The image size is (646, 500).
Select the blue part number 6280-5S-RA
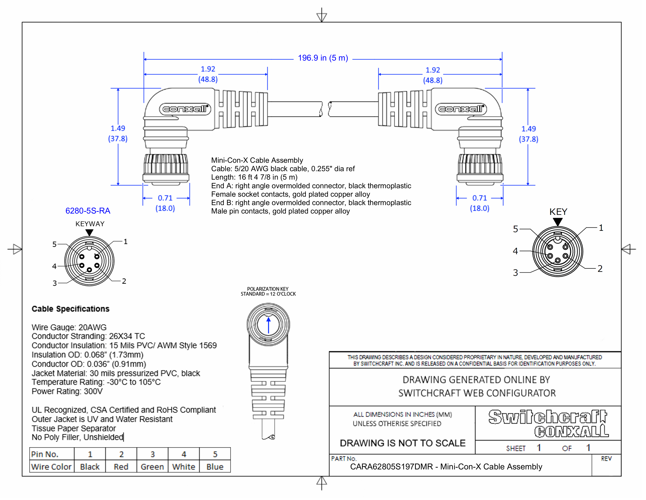(88, 211)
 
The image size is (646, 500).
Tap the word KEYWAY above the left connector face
(90, 224)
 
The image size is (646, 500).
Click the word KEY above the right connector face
(558, 212)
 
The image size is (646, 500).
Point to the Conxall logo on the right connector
(461, 109)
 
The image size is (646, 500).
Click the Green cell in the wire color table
(152, 467)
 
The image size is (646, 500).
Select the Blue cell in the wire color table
(215, 467)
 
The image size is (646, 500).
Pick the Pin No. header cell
(45, 454)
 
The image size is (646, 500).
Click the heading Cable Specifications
(70, 309)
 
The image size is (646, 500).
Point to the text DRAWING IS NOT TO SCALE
(402, 443)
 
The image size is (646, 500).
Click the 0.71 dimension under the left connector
(165, 198)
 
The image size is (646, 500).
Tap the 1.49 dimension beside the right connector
(529, 129)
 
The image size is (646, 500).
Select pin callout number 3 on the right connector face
(516, 273)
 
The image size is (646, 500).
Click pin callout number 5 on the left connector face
(54, 244)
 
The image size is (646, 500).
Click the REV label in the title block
(606, 459)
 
